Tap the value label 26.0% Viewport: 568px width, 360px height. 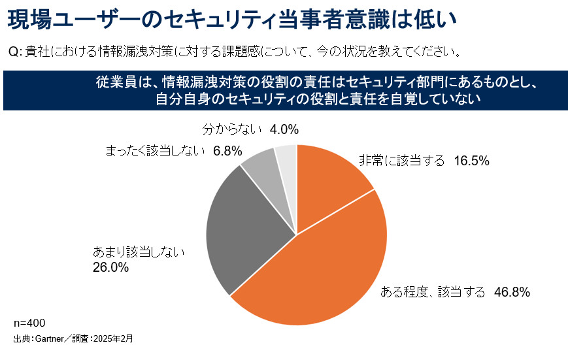110,267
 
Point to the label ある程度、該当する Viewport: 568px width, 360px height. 433,292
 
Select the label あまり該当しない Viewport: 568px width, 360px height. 140,252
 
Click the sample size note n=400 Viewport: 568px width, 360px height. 29,323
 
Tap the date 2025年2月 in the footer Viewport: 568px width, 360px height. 114,339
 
